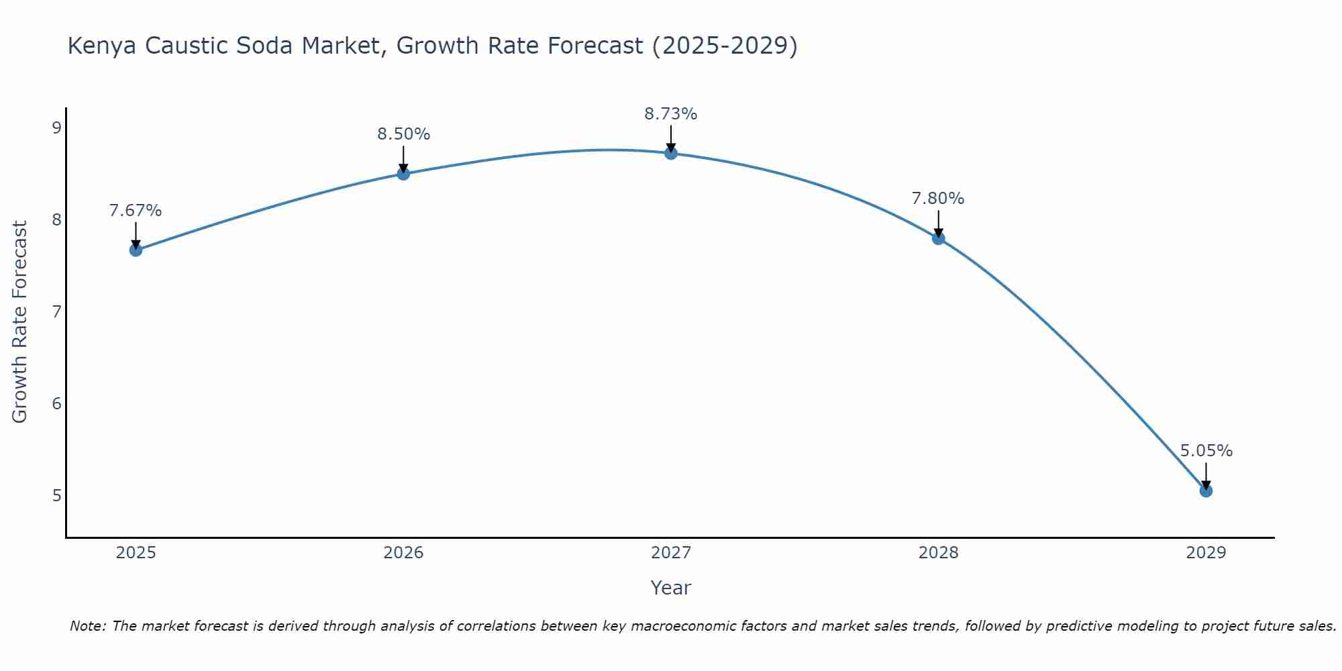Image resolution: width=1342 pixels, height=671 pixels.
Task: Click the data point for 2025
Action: (x=136, y=250)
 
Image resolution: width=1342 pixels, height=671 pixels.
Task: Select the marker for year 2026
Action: (x=403, y=174)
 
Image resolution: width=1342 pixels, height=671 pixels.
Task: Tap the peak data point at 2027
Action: (x=671, y=153)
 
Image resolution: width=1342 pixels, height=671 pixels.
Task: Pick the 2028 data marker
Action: (x=938, y=238)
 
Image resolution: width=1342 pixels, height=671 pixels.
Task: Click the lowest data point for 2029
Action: (x=1206, y=491)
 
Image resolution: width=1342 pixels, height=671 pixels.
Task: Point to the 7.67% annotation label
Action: (x=136, y=211)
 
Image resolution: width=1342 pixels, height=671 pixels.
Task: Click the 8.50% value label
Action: (x=403, y=134)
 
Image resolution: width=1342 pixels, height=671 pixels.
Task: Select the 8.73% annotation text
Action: (x=671, y=114)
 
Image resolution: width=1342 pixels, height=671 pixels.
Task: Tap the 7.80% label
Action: (x=938, y=199)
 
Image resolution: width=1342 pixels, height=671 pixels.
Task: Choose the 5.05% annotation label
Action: (x=1206, y=451)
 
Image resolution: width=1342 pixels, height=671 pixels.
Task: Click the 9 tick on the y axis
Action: (x=56, y=127)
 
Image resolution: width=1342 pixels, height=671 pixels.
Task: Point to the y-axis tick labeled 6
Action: (x=56, y=403)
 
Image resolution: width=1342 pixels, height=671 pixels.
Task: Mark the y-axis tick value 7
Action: (x=56, y=311)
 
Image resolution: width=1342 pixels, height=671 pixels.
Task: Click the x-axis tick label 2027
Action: (x=671, y=553)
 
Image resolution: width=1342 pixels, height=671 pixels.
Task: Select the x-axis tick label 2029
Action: (x=1206, y=553)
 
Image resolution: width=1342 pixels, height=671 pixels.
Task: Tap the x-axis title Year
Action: (x=671, y=588)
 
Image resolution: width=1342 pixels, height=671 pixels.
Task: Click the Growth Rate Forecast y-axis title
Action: (x=20, y=322)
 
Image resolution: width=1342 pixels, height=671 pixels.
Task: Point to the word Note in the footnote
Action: (x=87, y=626)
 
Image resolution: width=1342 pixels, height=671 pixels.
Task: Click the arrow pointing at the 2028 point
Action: (x=938, y=224)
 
